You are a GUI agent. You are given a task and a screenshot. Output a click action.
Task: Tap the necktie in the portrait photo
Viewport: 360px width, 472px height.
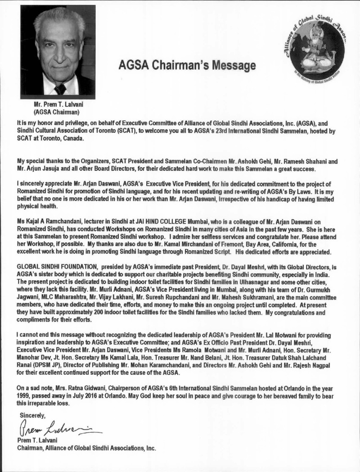pyautogui.click(x=60, y=88)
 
